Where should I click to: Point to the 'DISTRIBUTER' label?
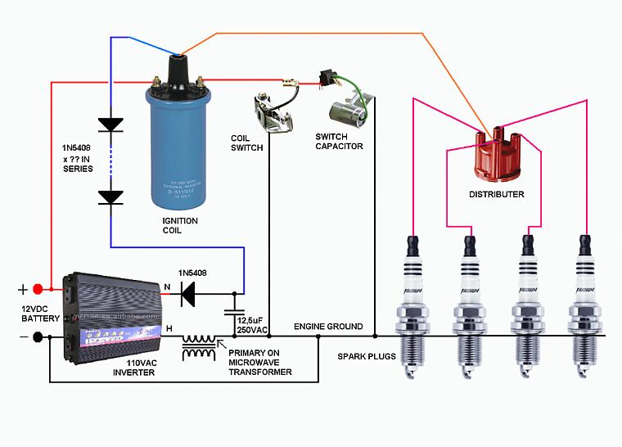[x=496, y=195]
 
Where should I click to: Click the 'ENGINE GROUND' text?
[x=328, y=327]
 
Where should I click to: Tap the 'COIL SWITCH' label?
[x=246, y=143]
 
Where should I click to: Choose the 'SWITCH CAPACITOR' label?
[x=339, y=141]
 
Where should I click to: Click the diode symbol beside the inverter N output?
[x=190, y=291]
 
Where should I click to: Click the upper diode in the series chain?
[x=110, y=124]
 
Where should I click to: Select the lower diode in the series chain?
[x=110, y=196]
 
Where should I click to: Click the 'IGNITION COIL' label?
[x=179, y=226]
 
